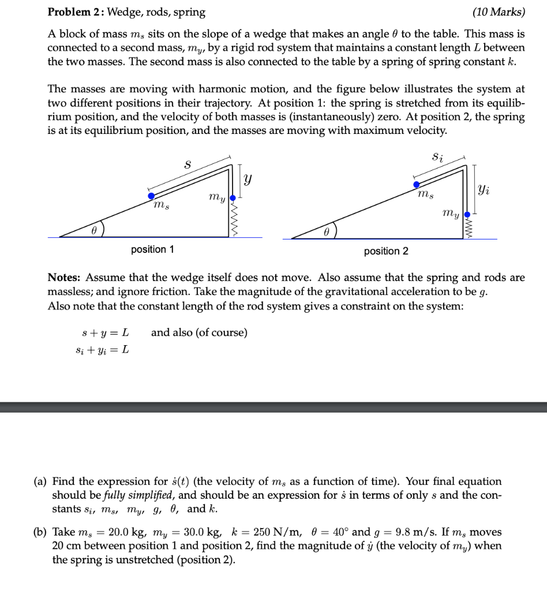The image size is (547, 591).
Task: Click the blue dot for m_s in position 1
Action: pyautogui.click(x=151, y=196)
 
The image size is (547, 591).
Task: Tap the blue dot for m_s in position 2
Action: pyautogui.click(x=417, y=185)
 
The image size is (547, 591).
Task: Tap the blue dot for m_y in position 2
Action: pyautogui.click(x=467, y=214)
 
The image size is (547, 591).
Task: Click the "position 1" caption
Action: pyautogui.click(x=152, y=249)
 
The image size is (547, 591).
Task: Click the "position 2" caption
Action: pyautogui.click(x=386, y=251)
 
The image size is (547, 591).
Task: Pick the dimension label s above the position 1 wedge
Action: pyautogui.click(x=186, y=164)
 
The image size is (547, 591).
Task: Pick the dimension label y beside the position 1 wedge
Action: pyautogui.click(x=248, y=180)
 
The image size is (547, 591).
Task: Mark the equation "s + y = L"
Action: pyautogui.click(x=105, y=333)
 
